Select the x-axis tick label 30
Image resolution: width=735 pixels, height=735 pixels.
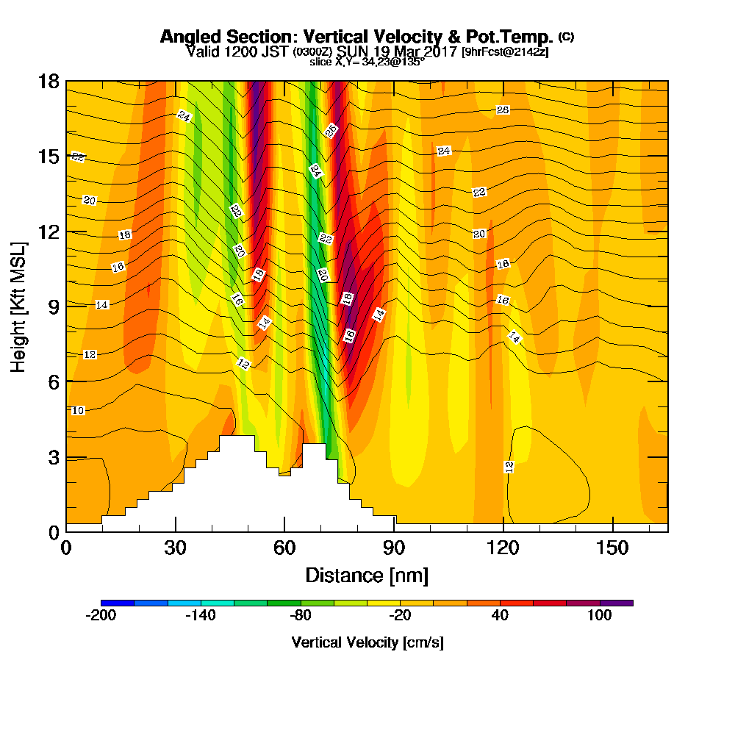(175, 548)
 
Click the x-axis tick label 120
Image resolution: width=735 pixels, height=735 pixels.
(503, 548)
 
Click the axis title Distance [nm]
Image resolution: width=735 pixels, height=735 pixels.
(367, 575)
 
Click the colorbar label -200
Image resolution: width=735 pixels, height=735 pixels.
(101, 616)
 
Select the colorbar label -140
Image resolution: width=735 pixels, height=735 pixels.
(200, 616)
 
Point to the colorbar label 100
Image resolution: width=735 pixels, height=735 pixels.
(600, 616)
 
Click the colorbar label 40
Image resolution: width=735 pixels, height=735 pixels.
(501, 616)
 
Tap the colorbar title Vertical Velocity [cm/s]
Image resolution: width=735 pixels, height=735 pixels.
(367, 642)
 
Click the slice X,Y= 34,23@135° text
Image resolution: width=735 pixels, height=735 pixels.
(367, 62)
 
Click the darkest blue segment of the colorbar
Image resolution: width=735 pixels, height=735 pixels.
(118, 603)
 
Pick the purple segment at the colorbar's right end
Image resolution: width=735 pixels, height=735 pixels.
(617, 603)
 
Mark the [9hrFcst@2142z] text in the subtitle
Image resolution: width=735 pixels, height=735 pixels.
(505, 52)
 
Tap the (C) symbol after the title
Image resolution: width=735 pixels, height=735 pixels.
(566, 36)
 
